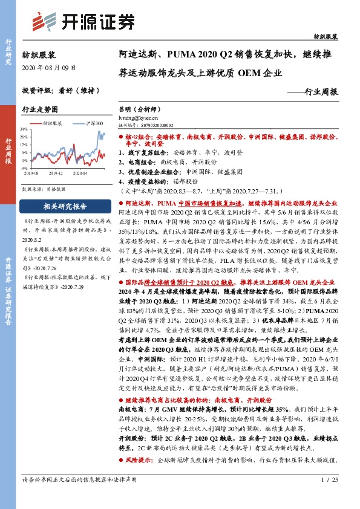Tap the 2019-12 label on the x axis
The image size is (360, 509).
55,173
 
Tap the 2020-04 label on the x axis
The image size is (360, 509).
80,173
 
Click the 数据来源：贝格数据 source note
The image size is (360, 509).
43,189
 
